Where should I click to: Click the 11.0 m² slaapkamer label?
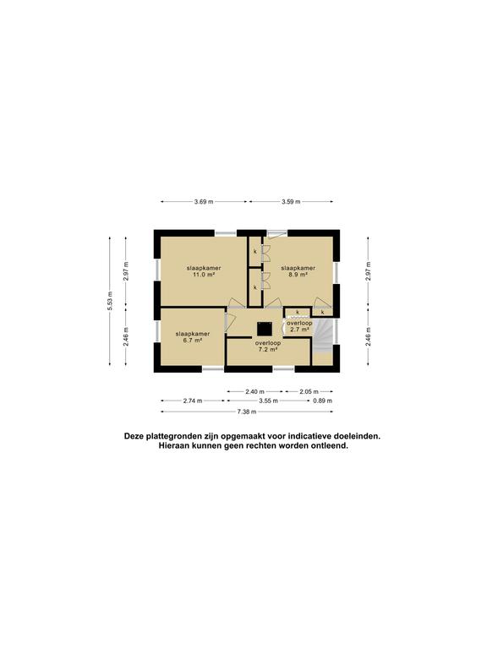tap(200, 270)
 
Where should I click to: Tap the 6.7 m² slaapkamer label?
tap(191, 337)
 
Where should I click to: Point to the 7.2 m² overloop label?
tap(267, 346)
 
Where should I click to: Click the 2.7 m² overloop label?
tap(298, 326)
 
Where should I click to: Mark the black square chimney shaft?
tap(263, 325)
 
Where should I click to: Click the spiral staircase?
tap(325, 340)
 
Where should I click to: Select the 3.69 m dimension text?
tap(203, 201)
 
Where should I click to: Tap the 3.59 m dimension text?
tap(290, 201)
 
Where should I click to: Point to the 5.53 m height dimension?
tap(110, 303)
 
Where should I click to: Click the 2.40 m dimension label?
tap(254, 391)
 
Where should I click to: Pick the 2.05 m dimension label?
tap(309, 391)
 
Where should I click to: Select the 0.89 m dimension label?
tap(322, 401)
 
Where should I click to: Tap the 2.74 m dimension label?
tap(194, 401)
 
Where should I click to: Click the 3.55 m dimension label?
tap(268, 401)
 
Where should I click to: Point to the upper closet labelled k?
tap(254, 251)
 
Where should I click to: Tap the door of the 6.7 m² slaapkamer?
tap(227, 320)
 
